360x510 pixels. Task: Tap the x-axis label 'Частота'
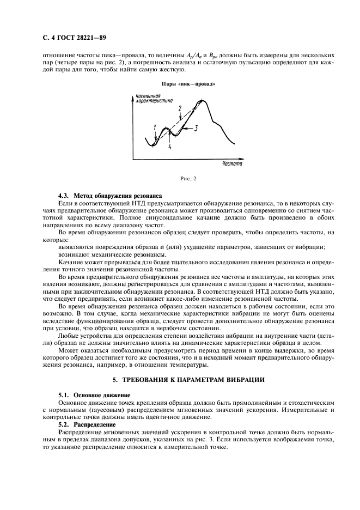coord(232,163)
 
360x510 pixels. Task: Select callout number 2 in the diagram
coord(180,109)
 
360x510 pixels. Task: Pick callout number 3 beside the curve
coord(196,127)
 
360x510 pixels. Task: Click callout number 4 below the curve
coord(170,147)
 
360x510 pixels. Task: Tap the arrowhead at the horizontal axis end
coord(241,159)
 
